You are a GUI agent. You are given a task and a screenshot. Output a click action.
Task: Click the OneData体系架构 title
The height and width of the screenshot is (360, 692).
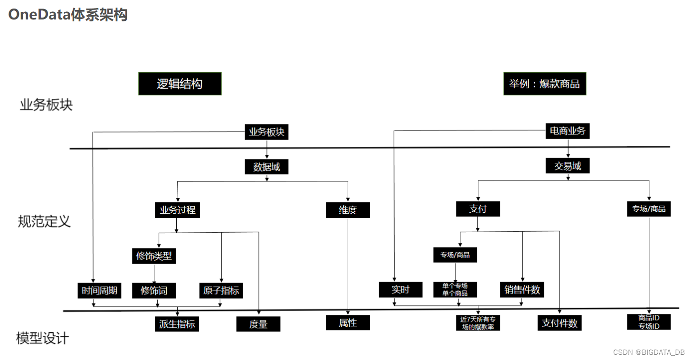coord(68,15)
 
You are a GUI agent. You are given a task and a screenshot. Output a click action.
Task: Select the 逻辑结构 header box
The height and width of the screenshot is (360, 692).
coord(180,84)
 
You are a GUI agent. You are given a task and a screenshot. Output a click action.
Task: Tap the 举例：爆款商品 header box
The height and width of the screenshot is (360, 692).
coord(544,84)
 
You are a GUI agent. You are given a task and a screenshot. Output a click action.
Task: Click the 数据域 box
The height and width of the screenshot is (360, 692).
coord(266,167)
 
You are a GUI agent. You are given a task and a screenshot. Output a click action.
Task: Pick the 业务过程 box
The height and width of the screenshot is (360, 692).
coord(177,210)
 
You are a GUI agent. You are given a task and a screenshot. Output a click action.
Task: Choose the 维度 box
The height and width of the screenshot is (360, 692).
coord(348,210)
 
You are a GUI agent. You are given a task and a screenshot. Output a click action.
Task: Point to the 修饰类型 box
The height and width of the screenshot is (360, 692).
coord(154,256)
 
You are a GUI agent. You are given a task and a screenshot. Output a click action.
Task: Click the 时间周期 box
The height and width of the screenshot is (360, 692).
coord(99,290)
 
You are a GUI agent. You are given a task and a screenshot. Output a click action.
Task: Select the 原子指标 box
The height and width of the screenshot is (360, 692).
coord(221,290)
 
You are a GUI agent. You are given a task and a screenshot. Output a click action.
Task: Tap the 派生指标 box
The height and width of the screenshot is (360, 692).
coord(177,324)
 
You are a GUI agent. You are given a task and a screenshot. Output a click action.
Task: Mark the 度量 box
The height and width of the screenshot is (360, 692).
coord(258,324)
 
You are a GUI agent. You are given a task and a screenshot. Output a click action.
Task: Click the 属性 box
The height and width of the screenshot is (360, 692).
coord(348,323)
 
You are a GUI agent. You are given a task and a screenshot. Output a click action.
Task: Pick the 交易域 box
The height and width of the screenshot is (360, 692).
coord(568,166)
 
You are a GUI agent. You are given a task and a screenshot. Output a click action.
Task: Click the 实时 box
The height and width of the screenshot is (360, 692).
coord(400,289)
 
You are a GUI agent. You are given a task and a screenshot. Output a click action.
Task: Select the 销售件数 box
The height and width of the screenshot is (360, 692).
coord(522,289)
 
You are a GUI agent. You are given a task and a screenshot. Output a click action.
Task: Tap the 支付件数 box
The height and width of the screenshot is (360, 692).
coord(559,323)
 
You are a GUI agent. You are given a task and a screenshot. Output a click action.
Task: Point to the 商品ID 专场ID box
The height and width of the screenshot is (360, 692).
coord(648,322)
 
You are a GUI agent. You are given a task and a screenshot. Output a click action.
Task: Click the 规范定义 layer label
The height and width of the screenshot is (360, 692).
coord(44,221)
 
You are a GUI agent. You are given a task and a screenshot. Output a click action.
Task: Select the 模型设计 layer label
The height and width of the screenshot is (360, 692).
coord(42,338)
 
